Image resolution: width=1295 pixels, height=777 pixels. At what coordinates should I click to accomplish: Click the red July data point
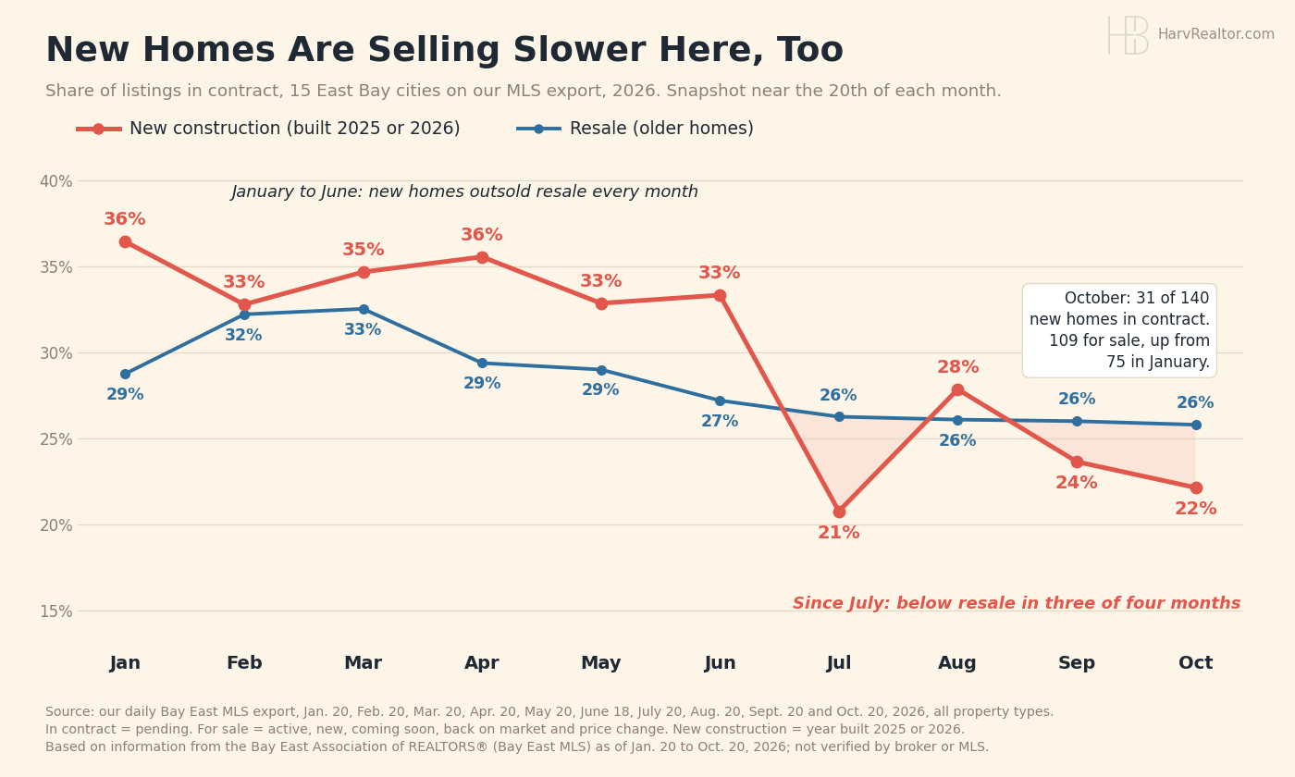(x=839, y=512)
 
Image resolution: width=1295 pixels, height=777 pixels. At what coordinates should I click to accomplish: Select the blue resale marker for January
(x=126, y=374)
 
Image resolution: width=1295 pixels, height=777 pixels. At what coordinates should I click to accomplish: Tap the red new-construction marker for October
(x=1195, y=488)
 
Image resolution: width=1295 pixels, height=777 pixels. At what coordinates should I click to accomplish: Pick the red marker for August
(x=958, y=389)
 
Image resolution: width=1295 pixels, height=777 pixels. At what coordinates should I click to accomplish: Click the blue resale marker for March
(x=364, y=309)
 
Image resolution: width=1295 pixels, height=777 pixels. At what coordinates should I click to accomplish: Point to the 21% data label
(x=839, y=533)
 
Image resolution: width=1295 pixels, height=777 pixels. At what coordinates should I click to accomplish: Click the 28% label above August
(x=958, y=366)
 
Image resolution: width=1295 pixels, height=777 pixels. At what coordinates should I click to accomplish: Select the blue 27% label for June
(x=720, y=421)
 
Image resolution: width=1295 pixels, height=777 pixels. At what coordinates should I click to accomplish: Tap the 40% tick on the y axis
(x=56, y=181)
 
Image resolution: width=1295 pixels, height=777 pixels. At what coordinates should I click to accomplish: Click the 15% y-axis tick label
(x=56, y=611)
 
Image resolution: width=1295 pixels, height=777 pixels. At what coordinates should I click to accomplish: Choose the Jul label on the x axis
(x=839, y=662)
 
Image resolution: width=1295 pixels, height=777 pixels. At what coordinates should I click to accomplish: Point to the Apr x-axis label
(x=482, y=662)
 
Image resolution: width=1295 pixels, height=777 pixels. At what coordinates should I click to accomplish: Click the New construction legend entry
(x=268, y=129)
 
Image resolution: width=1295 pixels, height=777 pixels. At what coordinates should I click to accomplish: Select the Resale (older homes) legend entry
(x=635, y=129)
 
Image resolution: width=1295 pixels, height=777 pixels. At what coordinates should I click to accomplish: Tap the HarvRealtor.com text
(x=1215, y=34)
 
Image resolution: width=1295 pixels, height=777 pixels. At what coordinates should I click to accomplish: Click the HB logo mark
(x=1128, y=35)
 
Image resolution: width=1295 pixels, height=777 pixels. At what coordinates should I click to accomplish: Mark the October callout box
(x=1119, y=330)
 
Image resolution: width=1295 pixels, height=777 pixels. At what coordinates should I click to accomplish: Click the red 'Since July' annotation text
(x=1017, y=603)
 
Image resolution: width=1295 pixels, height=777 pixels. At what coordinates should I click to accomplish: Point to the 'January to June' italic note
(x=464, y=191)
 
